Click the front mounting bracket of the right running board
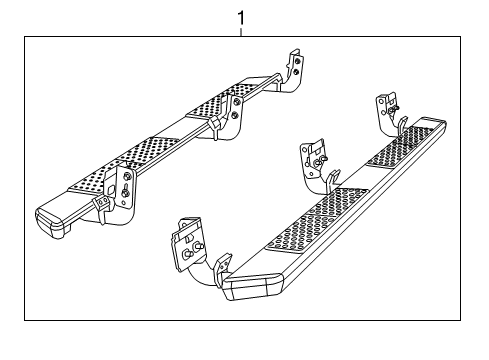(x=190, y=244)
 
